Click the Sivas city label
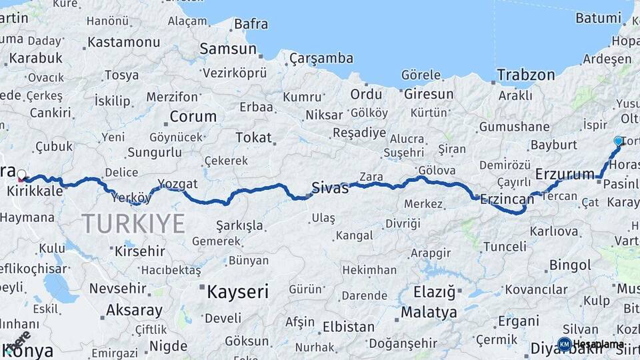point(330,188)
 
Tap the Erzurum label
point(565,175)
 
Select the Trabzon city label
point(526,75)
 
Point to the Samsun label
point(228,49)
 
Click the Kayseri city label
point(237,291)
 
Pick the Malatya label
point(429,312)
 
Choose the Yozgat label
point(177,183)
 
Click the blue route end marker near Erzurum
point(618,141)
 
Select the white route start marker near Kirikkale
point(21,175)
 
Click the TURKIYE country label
point(133,223)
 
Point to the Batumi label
point(598,18)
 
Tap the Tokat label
point(253,138)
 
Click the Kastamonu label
point(123,42)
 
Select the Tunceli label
point(504,247)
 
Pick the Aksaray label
point(134,310)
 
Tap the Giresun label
point(429,94)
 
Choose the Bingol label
point(570,265)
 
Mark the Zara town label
point(371,177)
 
